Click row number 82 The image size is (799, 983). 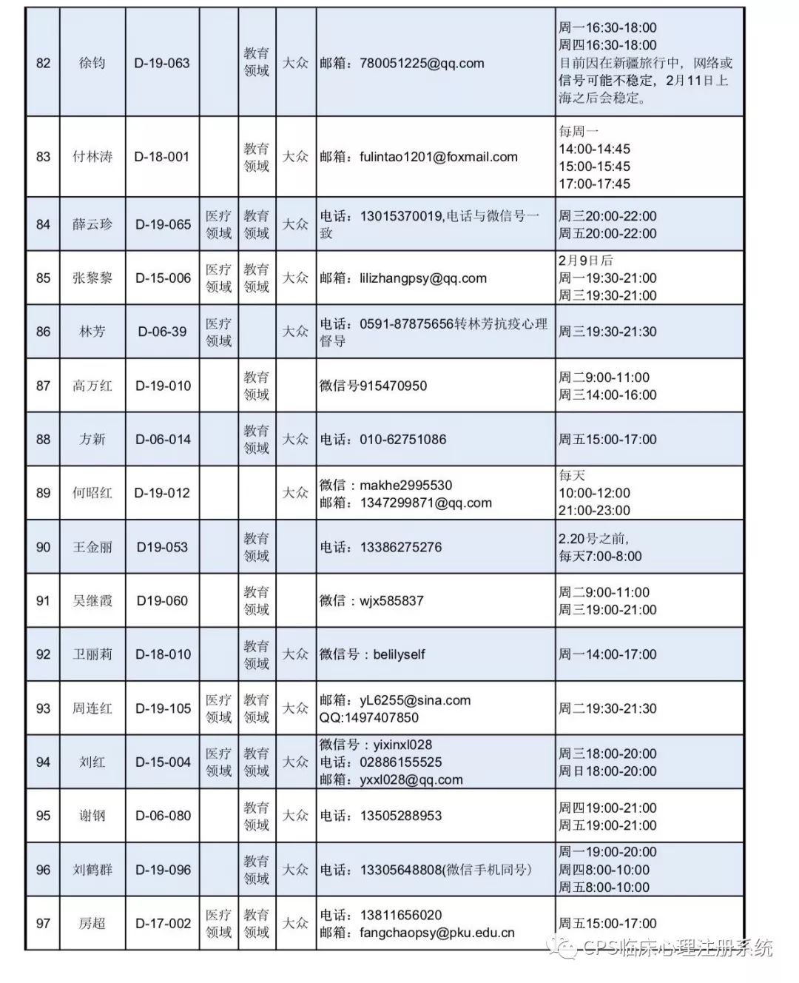tap(43, 63)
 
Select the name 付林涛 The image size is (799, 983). tap(92, 157)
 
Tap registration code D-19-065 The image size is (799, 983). tap(163, 224)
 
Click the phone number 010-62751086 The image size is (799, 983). tap(403, 439)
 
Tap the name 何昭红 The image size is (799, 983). tap(92, 493)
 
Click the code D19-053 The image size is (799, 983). tap(163, 547)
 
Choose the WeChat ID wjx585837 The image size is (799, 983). tap(391, 600)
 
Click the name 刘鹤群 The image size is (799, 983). tap(92, 870)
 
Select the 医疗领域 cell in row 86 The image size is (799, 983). tap(218, 332)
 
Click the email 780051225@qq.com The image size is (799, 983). tap(422, 63)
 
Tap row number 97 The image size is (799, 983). tap(43, 923)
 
